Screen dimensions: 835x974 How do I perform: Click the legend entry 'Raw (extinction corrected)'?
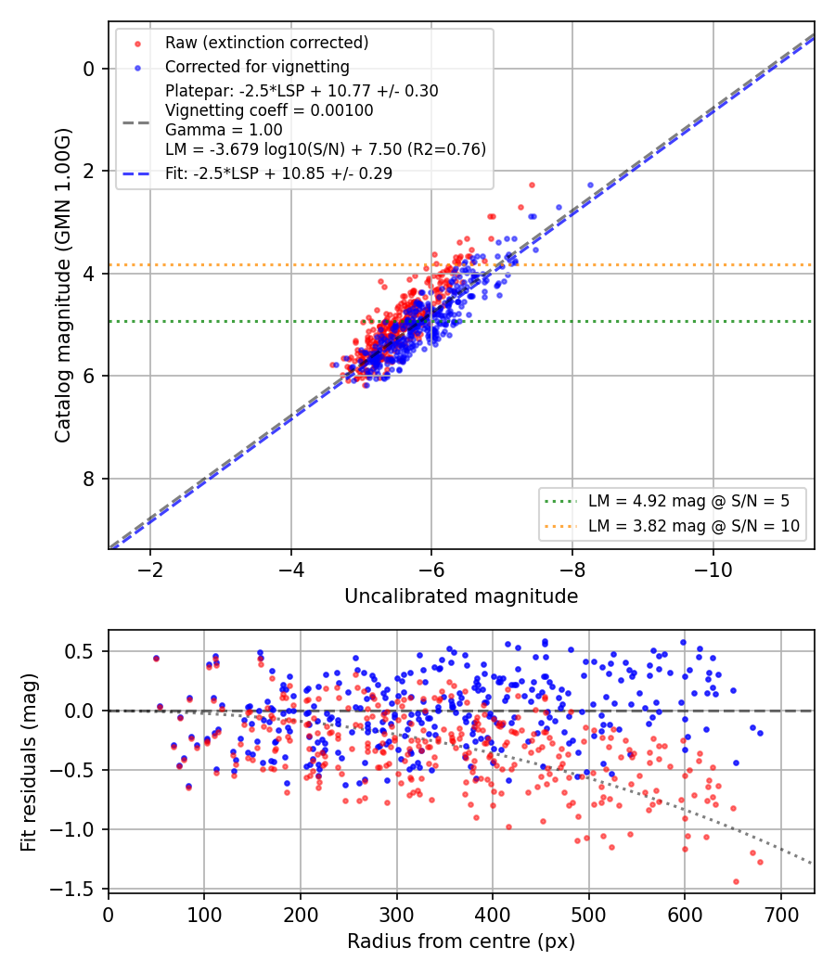266,43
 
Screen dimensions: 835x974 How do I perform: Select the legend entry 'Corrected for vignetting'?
257,67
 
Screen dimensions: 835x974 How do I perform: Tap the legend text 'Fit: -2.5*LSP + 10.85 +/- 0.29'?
279,173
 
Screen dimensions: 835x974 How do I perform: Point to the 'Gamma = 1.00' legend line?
224,130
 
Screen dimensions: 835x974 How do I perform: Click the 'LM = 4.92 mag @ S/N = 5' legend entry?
688,501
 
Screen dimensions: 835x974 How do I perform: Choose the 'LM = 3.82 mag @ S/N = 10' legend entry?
694,526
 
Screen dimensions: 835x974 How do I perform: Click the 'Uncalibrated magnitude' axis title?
461,596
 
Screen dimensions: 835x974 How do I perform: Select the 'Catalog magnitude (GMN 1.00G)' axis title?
63,285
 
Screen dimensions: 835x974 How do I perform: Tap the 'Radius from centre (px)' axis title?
461,942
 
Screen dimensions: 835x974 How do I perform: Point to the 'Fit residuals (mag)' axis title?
29,763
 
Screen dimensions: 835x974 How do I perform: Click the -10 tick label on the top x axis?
713,570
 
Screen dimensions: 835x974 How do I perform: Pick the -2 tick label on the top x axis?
149,570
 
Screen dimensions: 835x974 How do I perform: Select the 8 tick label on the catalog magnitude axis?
89,479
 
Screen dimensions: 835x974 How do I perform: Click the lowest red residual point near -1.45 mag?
737,881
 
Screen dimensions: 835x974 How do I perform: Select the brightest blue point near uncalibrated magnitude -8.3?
590,186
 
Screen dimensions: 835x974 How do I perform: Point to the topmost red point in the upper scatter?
532,186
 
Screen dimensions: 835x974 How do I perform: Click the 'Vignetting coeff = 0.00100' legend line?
269,110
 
